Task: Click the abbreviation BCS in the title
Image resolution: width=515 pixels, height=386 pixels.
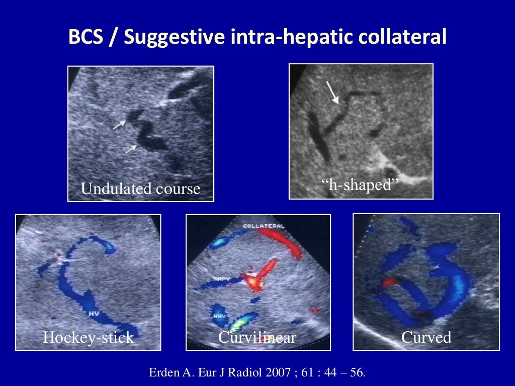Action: point(85,37)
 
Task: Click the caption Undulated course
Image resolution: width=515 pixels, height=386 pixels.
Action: point(140,189)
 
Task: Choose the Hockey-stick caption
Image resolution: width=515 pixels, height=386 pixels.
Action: point(89,337)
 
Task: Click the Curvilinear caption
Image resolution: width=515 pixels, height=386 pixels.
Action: point(257,337)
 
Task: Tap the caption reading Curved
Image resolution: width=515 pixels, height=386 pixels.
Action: point(426,337)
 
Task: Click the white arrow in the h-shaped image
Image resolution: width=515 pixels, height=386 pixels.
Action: point(332,92)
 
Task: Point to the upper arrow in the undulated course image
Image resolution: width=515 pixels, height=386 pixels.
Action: point(119,125)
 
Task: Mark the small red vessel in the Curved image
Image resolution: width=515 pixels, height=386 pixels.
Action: point(389,282)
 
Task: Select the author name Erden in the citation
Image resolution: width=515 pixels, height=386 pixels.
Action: point(163,373)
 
